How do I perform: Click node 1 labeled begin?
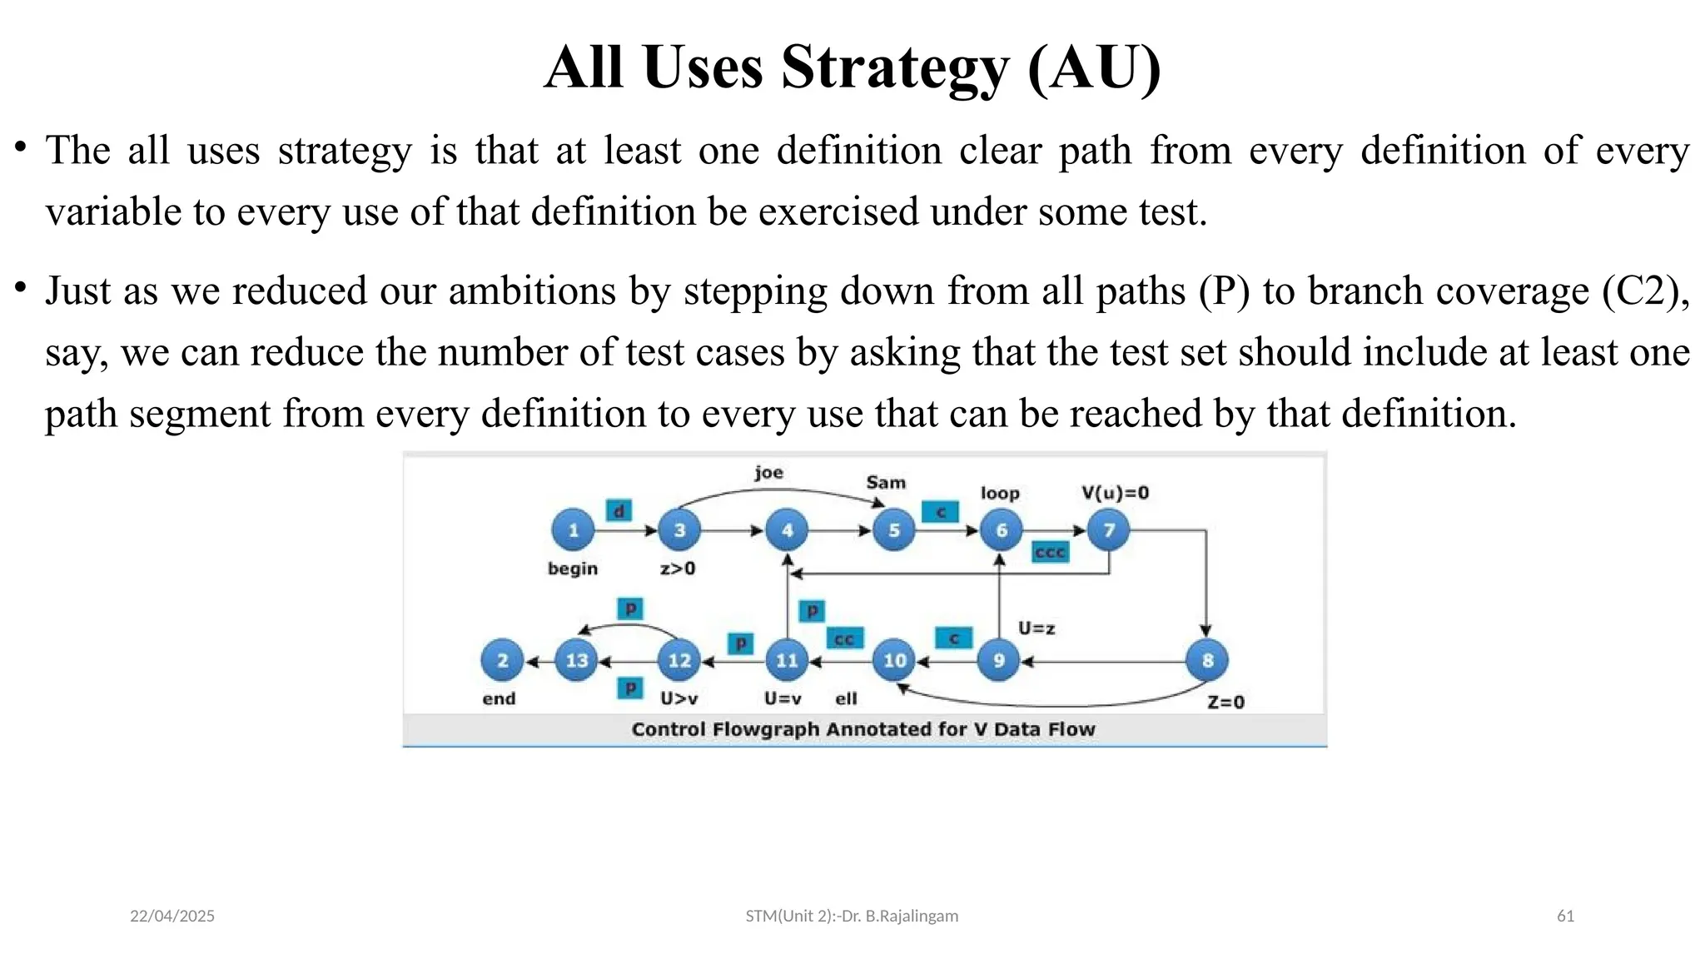click(x=573, y=530)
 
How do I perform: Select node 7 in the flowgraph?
click(x=1108, y=530)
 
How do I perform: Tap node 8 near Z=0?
click(x=1207, y=661)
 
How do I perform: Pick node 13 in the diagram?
click(x=576, y=661)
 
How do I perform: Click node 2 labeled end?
click(x=502, y=661)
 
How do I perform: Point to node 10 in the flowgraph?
click(x=894, y=661)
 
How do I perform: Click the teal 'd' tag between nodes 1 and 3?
click(x=619, y=510)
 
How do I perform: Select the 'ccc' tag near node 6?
click(x=1050, y=552)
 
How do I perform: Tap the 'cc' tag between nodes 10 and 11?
click(x=844, y=639)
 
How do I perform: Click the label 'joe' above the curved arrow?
click(x=768, y=473)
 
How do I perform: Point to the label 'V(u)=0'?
click(x=1115, y=493)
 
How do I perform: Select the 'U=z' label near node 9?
click(x=1036, y=629)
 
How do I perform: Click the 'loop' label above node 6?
click(x=1000, y=493)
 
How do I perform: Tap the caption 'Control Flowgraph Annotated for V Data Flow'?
click(x=863, y=729)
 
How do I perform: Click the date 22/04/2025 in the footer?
click(x=172, y=916)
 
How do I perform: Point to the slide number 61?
click(x=1565, y=916)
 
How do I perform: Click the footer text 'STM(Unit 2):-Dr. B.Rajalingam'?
click(x=852, y=916)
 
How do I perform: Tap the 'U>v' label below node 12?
click(x=679, y=698)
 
